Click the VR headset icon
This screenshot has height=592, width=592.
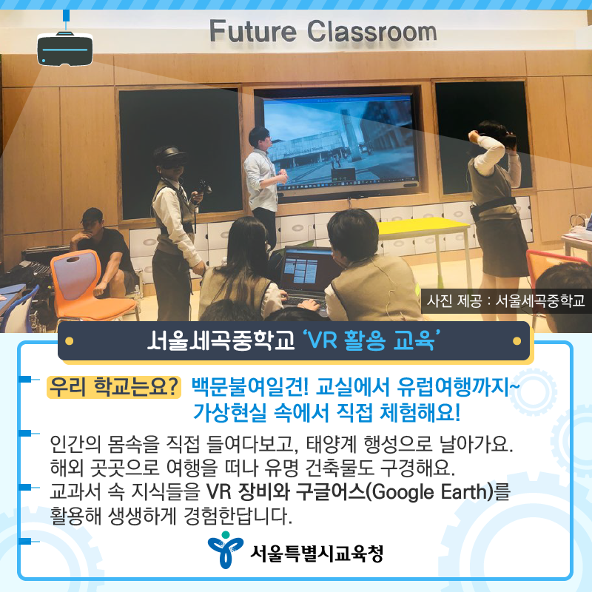pyautogui.click(x=64, y=48)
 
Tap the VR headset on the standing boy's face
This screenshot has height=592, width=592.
pyautogui.click(x=168, y=157)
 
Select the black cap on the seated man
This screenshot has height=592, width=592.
pyautogui.click(x=92, y=217)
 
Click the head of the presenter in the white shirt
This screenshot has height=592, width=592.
pyautogui.click(x=259, y=138)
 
